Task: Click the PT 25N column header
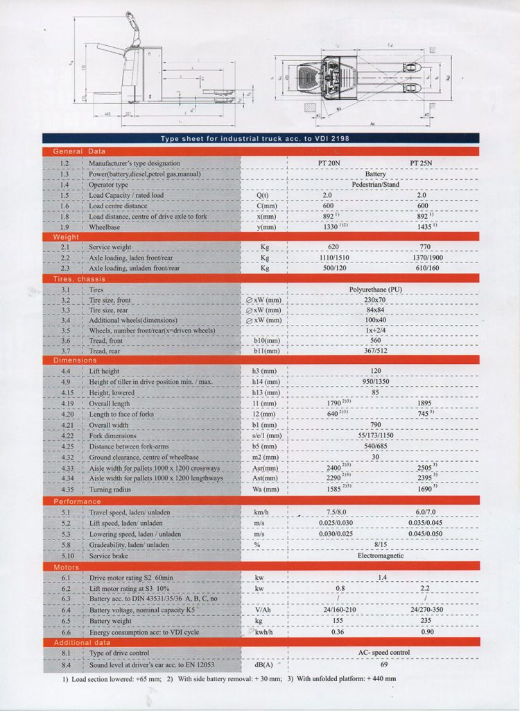tap(421, 163)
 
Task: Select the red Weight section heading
tap(67, 237)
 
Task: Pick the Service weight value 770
tap(421, 246)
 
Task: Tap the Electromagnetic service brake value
tap(380, 556)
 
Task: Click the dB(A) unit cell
tap(263, 664)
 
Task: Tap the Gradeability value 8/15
tap(378, 545)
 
